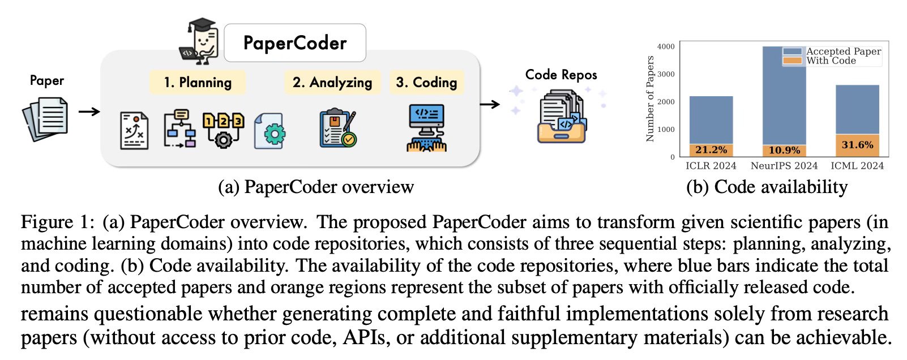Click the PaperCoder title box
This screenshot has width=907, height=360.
pyautogui.click(x=295, y=43)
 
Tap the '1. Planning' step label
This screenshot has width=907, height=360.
pyautogui.click(x=198, y=82)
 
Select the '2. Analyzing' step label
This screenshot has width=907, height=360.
pyautogui.click(x=332, y=82)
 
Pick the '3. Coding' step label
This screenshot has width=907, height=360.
pyautogui.click(x=426, y=82)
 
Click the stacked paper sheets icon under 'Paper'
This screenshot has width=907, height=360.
pyautogui.click(x=45, y=119)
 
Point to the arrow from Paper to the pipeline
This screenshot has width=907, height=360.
pyautogui.click(x=89, y=112)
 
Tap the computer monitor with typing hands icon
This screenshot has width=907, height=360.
pyautogui.click(x=426, y=128)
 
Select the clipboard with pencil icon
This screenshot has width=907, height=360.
pyautogui.click(x=338, y=128)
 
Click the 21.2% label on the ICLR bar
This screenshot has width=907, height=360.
pyautogui.click(x=711, y=150)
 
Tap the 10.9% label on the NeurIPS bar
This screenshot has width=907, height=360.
pyautogui.click(x=784, y=151)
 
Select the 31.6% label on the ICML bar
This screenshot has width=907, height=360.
pyautogui.click(x=857, y=145)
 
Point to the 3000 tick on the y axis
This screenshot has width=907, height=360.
pyautogui.click(x=668, y=74)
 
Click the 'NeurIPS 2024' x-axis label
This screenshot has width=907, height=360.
pyautogui.click(x=784, y=166)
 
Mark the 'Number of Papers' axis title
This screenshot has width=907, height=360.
pyautogui.click(x=650, y=99)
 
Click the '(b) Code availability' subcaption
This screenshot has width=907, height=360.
pyautogui.click(x=767, y=187)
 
